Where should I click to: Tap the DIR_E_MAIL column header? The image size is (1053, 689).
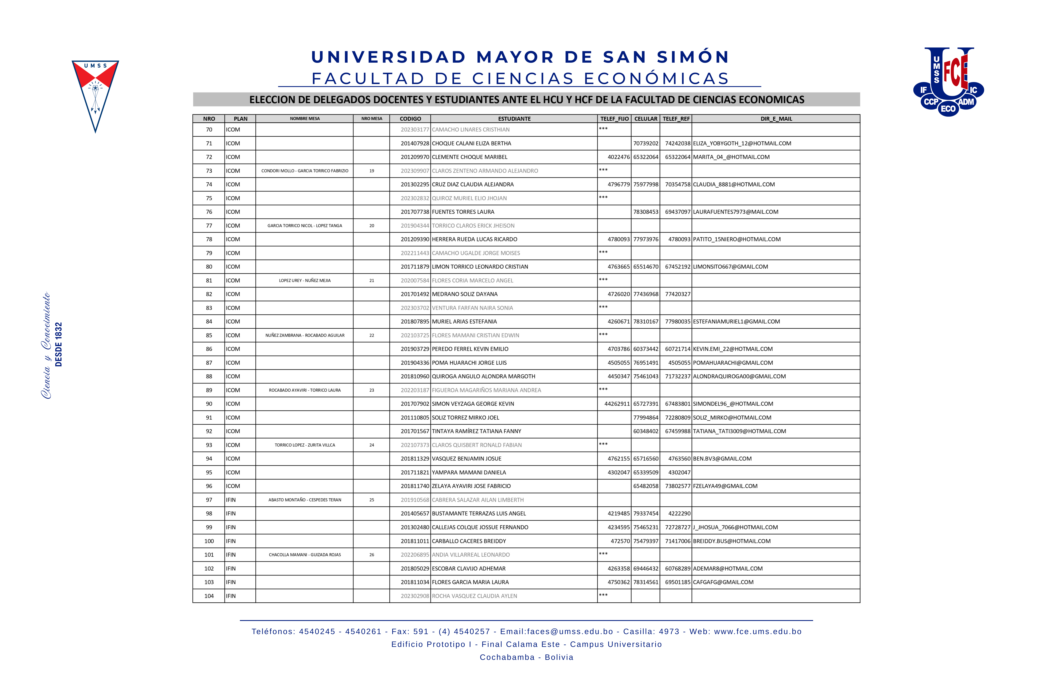tap(776, 119)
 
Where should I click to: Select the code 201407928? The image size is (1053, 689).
tap(415, 143)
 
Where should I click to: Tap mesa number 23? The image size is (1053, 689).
tap(372, 390)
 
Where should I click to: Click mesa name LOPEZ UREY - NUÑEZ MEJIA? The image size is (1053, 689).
tap(305, 280)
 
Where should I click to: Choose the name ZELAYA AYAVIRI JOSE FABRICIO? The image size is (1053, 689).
tap(471, 486)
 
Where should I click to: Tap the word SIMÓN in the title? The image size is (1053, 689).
tap(693, 57)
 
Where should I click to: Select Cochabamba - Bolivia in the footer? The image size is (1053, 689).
tap(526, 657)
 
